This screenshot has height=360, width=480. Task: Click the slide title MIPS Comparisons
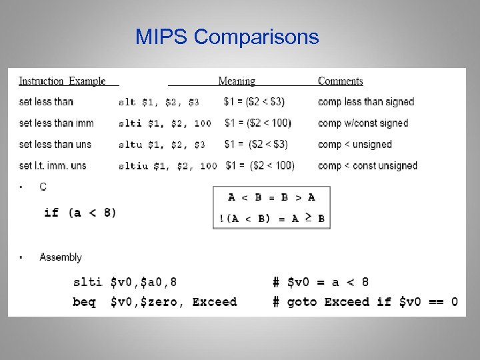pos(227,37)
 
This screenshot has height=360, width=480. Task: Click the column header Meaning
pos(237,81)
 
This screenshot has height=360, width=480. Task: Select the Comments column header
pos(340,81)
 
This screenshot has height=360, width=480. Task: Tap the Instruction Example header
pos(62,81)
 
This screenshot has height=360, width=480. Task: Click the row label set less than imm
pos(56,123)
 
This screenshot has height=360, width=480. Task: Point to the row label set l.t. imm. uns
pos(53,165)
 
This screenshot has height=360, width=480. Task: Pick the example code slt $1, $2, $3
pos(158,103)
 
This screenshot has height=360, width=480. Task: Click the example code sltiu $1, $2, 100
pos(167,166)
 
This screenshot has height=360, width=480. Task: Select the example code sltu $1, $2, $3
pos(161,145)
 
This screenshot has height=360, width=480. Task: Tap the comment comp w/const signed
pos(363,123)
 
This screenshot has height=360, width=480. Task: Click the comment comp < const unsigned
pos(367,165)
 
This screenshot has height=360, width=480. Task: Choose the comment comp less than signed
pos(366,102)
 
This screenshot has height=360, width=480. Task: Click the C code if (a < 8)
pos(80,213)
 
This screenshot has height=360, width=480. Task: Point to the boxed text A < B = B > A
pos(271,197)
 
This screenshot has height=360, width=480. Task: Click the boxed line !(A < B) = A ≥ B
pos(271,218)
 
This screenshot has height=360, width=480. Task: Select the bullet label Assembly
pos(61,257)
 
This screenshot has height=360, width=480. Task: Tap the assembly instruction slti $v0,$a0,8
pos(125,283)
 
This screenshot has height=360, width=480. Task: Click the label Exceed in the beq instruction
pos(214,302)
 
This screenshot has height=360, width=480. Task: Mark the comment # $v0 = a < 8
pos(321,283)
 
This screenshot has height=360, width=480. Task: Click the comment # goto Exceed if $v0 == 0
pos(365,302)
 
